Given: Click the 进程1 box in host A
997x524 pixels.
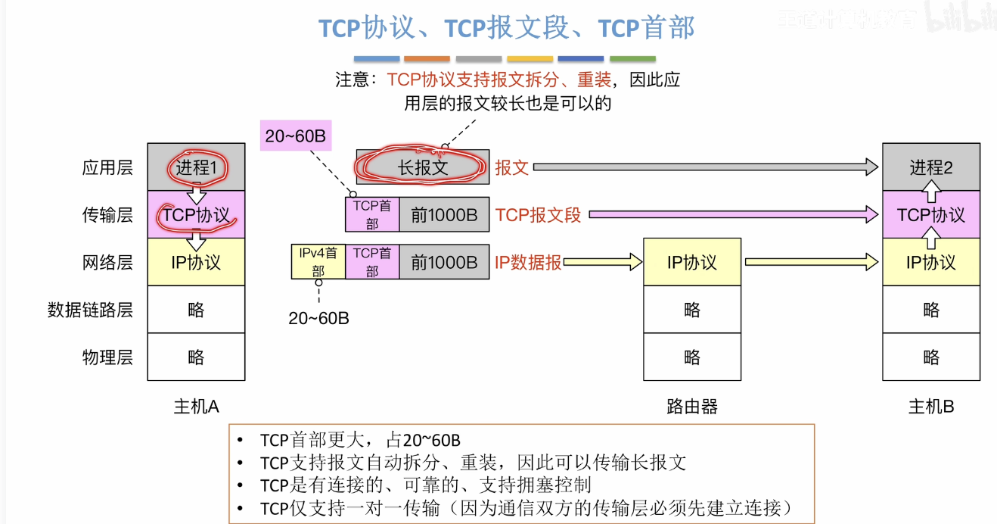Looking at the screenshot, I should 196,167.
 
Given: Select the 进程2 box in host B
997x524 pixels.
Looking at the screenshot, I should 931,167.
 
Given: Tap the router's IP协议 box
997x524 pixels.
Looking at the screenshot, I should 691,262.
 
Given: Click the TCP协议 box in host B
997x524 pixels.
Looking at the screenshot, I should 931,215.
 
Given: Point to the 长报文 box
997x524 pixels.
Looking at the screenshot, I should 423,167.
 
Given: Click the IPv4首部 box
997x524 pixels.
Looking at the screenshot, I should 318,261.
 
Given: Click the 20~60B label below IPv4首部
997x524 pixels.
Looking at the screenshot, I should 318,318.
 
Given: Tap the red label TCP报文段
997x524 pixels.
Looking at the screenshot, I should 538,215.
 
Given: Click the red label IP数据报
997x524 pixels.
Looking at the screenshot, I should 528,262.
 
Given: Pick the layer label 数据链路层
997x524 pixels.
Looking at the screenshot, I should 90,310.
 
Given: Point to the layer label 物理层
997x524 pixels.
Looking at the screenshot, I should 107,357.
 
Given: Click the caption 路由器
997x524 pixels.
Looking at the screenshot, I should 691,407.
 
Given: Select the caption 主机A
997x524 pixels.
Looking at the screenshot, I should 196,407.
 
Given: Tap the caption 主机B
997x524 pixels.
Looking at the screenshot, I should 931,407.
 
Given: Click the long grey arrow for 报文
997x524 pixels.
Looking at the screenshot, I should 703,167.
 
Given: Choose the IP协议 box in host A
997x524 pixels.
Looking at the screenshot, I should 196,262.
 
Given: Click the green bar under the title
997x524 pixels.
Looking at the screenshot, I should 632,58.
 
